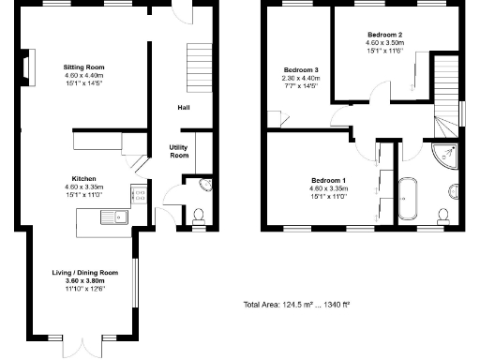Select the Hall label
(185, 108)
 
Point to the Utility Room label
(179, 151)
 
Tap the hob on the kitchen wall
(137, 198)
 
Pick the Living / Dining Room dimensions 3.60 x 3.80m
(84, 280)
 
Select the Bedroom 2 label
(384, 34)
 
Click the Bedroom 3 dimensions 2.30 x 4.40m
(303, 79)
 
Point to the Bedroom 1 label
(329, 180)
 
